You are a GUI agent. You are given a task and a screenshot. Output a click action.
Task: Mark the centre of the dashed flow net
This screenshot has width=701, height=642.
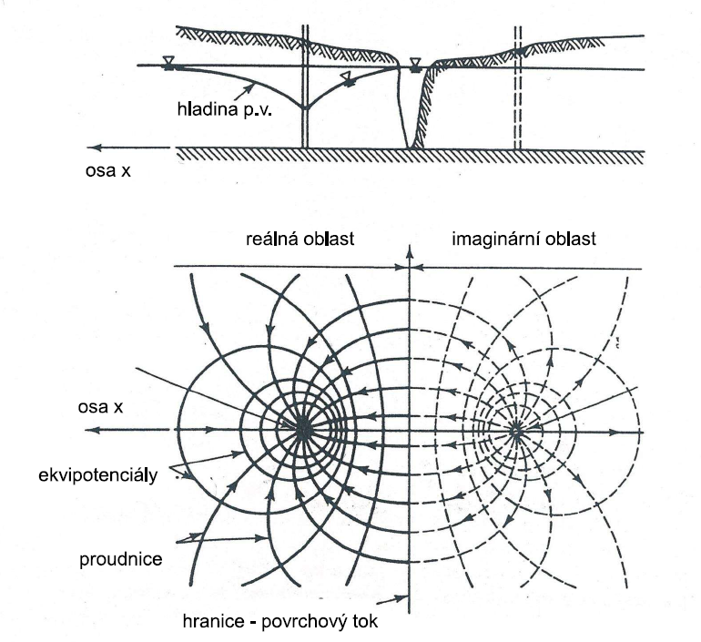(516, 429)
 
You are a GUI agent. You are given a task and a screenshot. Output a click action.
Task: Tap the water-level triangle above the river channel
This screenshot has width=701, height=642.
(416, 63)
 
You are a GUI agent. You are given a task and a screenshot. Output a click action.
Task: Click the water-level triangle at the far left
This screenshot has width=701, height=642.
(168, 62)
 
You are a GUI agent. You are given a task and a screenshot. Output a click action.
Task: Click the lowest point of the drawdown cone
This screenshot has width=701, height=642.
(306, 107)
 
